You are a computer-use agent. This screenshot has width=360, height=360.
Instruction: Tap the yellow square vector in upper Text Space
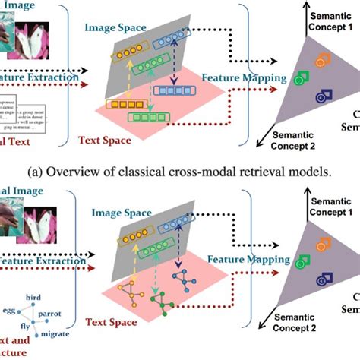coord(124,104)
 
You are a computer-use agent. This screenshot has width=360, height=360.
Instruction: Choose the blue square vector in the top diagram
coord(172,90)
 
